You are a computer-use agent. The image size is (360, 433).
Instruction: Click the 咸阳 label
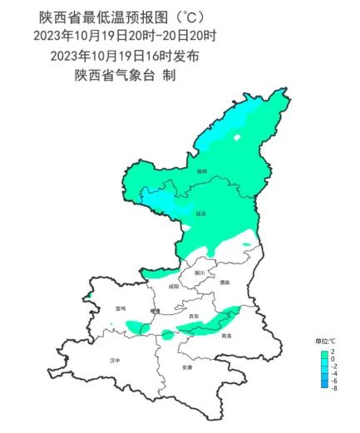(x=172, y=286)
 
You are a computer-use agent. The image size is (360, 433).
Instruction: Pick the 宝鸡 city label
(x=121, y=308)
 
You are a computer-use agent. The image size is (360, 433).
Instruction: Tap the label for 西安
(x=194, y=317)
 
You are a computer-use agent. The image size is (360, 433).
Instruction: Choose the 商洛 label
(x=227, y=336)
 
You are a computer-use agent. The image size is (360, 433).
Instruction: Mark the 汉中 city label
(x=115, y=361)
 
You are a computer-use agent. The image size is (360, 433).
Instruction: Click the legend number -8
(x=333, y=388)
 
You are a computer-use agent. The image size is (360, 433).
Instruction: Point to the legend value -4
(x=333, y=373)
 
